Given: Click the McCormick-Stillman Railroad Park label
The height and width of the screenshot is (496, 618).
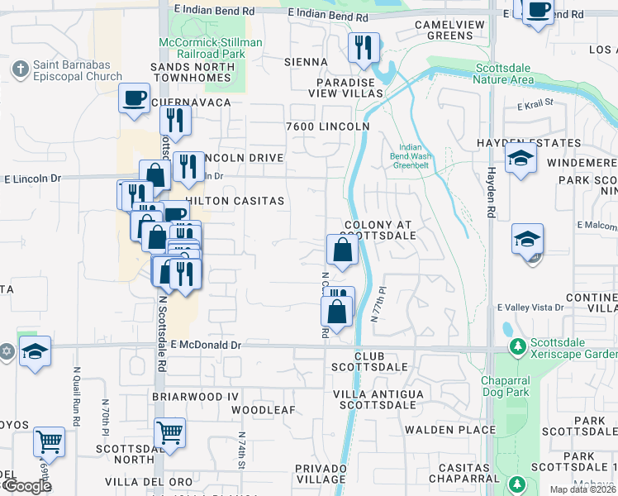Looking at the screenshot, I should pyautogui.click(x=211, y=48).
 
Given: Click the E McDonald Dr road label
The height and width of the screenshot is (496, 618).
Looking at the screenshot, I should pyautogui.click(x=196, y=345).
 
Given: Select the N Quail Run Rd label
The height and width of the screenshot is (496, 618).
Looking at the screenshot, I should pyautogui.click(x=76, y=396).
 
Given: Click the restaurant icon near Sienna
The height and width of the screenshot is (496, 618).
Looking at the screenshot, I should pyautogui.click(x=364, y=47).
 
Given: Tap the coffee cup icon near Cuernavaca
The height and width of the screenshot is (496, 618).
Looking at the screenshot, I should pyautogui.click(x=133, y=98).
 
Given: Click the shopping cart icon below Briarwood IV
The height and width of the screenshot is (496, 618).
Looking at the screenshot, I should pyautogui.click(x=169, y=432).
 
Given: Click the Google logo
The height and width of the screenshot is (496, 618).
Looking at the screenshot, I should pyautogui.click(x=26, y=486).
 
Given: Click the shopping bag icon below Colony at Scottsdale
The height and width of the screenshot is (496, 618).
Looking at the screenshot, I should pyautogui.click(x=342, y=250).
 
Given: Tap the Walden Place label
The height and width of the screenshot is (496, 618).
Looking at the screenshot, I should pyautogui.click(x=463, y=429).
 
